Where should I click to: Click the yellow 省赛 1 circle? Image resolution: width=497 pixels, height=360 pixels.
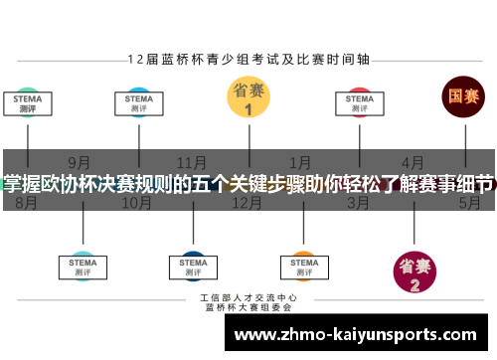click(248, 100)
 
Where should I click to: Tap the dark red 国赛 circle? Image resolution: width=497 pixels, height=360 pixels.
click(463, 97)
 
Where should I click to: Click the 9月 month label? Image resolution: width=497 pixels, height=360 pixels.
click(80, 162)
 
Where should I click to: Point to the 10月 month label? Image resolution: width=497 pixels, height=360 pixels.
click(136, 203)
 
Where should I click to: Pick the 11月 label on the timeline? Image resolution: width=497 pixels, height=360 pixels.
click(191, 162)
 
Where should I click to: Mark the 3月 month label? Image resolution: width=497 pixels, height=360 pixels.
click(358, 203)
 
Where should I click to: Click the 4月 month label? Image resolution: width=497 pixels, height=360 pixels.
click(413, 162)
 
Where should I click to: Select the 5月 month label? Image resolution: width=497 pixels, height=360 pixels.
click(469, 203)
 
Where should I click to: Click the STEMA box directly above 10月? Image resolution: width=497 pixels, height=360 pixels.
click(138, 103)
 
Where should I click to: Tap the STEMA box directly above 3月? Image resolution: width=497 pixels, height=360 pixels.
click(359, 103)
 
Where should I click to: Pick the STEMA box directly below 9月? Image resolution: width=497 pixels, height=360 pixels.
click(83, 265)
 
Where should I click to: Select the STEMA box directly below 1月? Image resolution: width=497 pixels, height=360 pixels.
click(302, 265)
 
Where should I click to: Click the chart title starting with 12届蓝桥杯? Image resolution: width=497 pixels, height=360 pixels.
click(248, 59)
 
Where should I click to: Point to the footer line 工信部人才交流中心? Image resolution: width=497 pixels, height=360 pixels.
click(248, 298)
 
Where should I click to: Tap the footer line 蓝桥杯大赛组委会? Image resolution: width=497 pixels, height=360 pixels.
click(248, 308)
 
